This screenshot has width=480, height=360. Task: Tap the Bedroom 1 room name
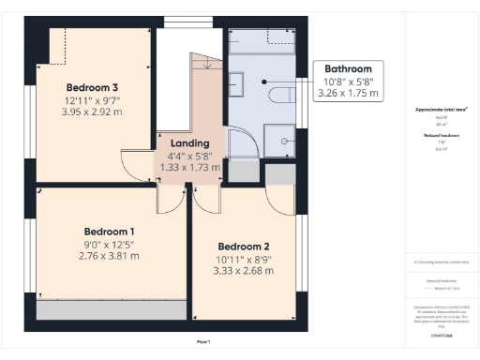coord(110,231)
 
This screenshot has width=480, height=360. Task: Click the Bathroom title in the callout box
coord(348,69)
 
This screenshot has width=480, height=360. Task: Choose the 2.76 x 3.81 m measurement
coord(109,255)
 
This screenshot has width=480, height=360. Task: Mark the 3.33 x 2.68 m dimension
coord(244,270)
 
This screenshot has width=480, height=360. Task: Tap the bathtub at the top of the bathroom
coord(262,42)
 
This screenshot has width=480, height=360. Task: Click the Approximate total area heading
coord(441,110)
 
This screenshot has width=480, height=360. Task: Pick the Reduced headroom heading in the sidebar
coord(441,136)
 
